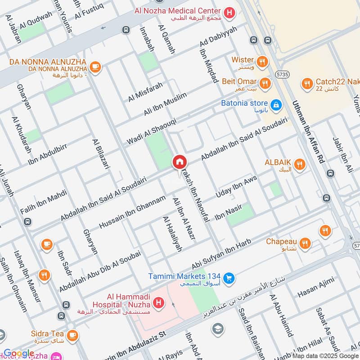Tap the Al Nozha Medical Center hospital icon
click(x=230, y=13)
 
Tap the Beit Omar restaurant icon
click(x=265, y=83)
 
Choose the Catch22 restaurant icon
click(x=307, y=83)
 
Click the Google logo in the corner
click(x=18, y=353)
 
